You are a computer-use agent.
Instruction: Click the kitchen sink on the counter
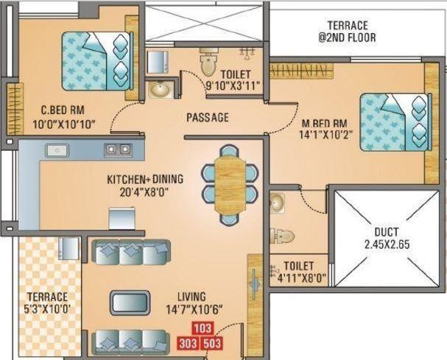[57, 149]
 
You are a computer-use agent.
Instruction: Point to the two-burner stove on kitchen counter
[118, 149]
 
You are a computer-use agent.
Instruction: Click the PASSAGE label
[207, 117]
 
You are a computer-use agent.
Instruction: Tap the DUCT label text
[387, 230]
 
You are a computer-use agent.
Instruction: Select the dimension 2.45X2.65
[387, 244]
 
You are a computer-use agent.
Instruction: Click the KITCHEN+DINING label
[146, 179]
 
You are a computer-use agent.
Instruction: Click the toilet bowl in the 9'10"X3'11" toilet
[209, 57]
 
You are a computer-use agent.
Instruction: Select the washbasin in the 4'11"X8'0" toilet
[277, 202]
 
